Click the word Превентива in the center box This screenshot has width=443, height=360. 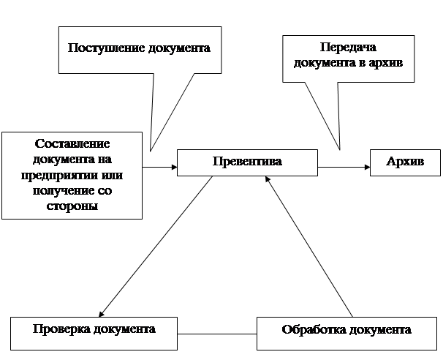click(247, 161)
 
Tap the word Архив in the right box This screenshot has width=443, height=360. click(405, 161)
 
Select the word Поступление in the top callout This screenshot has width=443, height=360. click(106, 48)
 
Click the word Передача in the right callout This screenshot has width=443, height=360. click(348, 48)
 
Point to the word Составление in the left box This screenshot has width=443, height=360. click(72, 143)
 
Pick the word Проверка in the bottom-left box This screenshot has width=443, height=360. click(61, 329)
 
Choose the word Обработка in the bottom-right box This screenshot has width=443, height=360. click(314, 329)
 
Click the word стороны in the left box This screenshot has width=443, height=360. click(72, 206)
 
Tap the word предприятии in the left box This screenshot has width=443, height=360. click(58, 176)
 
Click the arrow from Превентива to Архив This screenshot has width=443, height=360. click(344, 167)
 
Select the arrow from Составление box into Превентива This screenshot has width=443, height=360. click(159, 167)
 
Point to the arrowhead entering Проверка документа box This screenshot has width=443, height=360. click(102, 314)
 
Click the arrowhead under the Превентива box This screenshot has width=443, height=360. click(268, 179)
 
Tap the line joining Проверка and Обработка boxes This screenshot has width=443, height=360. click(217, 334)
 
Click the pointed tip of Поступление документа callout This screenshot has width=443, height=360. click(151, 151)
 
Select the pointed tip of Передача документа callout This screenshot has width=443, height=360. click(339, 149)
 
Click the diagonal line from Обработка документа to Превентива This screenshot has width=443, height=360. click(308, 247)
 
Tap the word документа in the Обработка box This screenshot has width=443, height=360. click(380, 330)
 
